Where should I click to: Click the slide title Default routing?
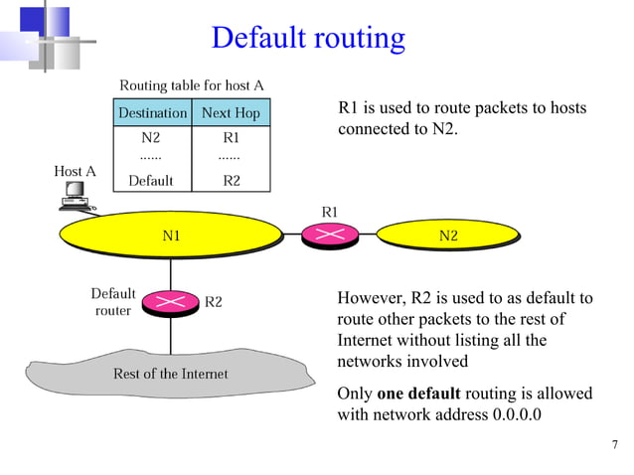(308, 38)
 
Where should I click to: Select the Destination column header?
(152, 113)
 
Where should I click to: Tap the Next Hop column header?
(231, 113)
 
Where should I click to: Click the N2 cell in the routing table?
(151, 138)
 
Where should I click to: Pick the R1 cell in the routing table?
(231, 138)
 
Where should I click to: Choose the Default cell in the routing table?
(151, 181)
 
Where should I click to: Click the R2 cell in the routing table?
(231, 181)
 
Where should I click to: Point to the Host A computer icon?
(75, 200)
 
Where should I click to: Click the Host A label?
(75, 171)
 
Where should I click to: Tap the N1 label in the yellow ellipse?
(171, 236)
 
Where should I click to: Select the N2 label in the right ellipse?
(448, 236)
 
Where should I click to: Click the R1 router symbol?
(330, 235)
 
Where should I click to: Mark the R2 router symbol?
(171, 301)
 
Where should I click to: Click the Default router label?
(113, 302)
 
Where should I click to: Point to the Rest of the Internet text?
(171, 374)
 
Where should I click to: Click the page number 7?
(615, 443)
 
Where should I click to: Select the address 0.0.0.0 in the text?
(517, 414)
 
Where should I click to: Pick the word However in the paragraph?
(369, 299)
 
